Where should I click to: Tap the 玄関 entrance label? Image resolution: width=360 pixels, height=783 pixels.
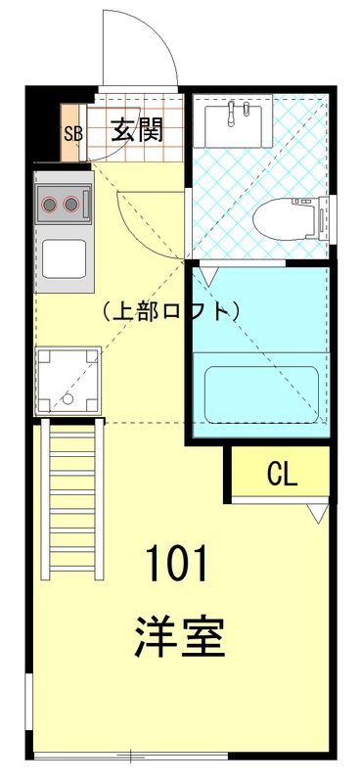coord(135,128)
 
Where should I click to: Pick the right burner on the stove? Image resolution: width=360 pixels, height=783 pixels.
coord(70,205)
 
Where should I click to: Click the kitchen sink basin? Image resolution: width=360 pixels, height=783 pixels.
coord(66,258)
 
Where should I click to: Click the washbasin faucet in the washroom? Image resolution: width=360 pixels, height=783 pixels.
coord(235,114)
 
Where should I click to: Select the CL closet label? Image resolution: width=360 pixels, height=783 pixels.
coord(282,475)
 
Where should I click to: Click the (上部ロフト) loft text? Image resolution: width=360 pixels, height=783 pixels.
coord(169,312)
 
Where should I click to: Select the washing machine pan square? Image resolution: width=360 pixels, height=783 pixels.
coord(67,380)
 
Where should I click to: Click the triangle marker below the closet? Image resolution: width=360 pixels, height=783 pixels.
coord(316,512)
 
